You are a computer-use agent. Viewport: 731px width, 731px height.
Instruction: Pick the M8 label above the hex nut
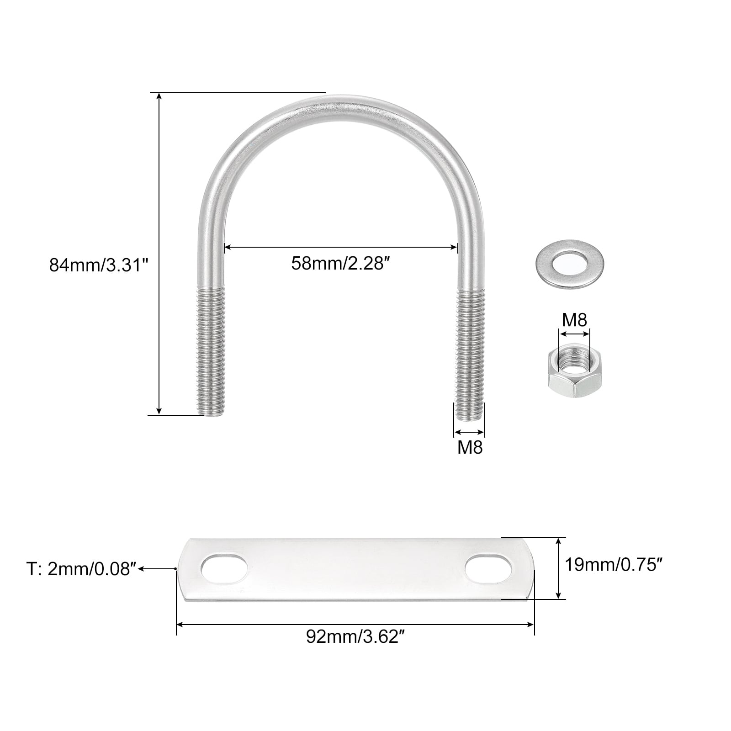tap(574, 320)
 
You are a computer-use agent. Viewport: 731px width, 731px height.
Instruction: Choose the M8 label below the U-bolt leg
tap(470, 448)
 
